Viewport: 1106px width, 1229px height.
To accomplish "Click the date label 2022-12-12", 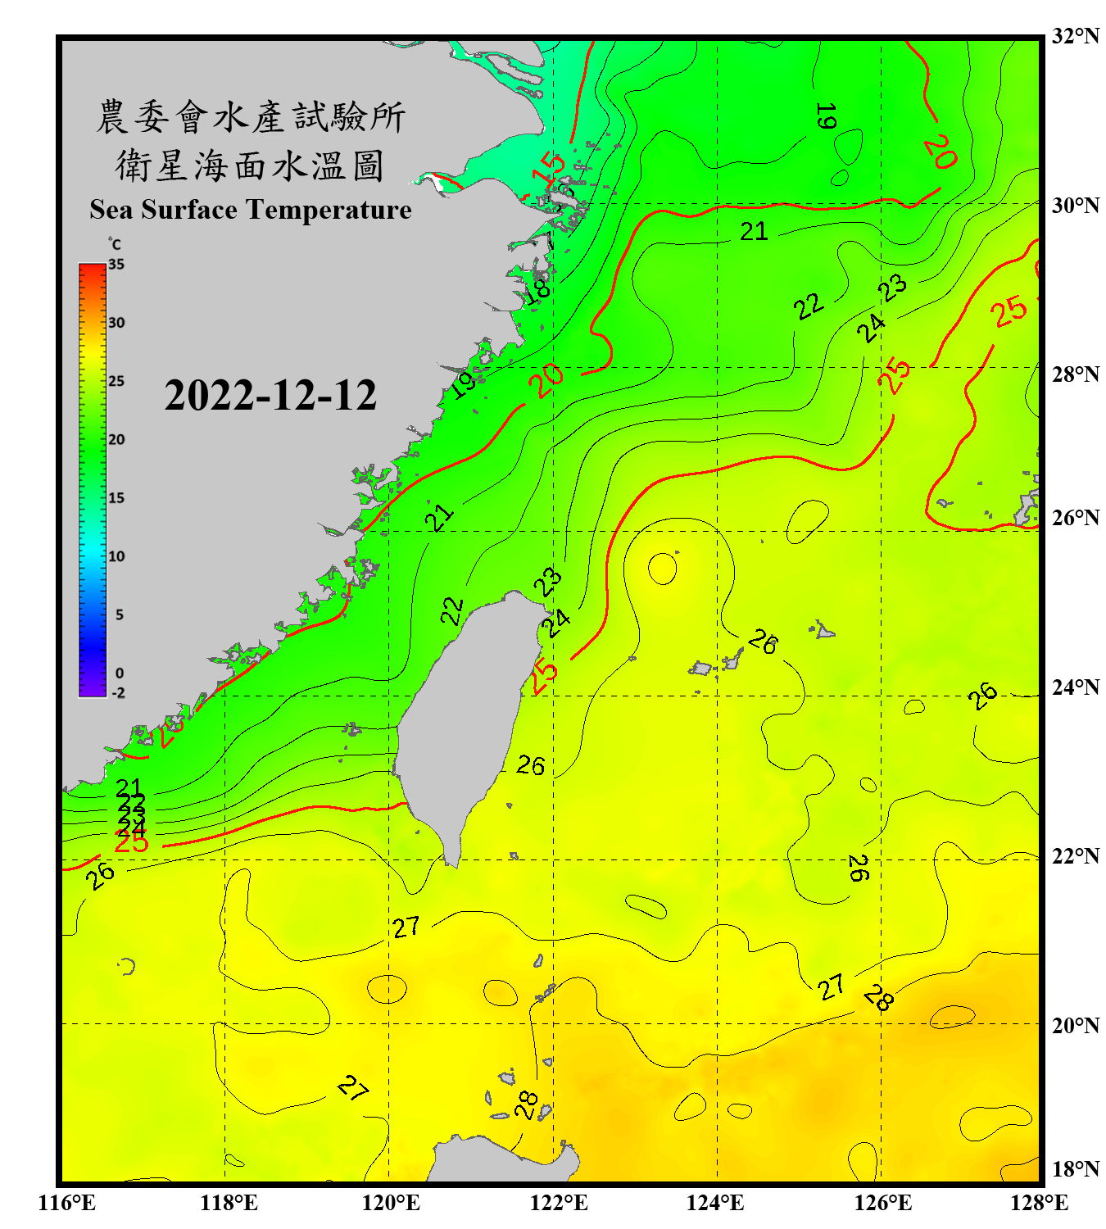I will (x=270, y=395).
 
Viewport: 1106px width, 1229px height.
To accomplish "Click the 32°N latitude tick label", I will (x=1075, y=36).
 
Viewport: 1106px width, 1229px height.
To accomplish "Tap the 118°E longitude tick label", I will (x=229, y=1203).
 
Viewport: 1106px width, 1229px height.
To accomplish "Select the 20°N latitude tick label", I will (x=1075, y=1025).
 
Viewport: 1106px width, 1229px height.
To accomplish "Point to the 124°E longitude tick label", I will (x=715, y=1203).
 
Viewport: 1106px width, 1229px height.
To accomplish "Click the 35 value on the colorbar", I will (x=116, y=264).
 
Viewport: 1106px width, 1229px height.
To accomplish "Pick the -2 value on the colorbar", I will (x=118, y=693).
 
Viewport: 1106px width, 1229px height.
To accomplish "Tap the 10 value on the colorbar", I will (x=116, y=556).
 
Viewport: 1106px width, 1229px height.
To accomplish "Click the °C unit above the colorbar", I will (x=115, y=244).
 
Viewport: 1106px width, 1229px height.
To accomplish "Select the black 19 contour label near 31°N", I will (x=826, y=116).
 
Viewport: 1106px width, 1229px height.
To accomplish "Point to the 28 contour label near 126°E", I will (x=878, y=997).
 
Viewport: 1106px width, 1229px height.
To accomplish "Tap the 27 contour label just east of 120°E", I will (x=406, y=927).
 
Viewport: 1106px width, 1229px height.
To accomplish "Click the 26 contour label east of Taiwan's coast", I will (x=530, y=765).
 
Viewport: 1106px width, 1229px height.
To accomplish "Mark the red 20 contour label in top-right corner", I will (x=941, y=151).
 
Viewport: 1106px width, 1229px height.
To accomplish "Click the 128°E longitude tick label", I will (x=1039, y=1203).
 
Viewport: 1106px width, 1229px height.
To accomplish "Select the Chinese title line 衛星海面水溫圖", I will (x=250, y=166).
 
